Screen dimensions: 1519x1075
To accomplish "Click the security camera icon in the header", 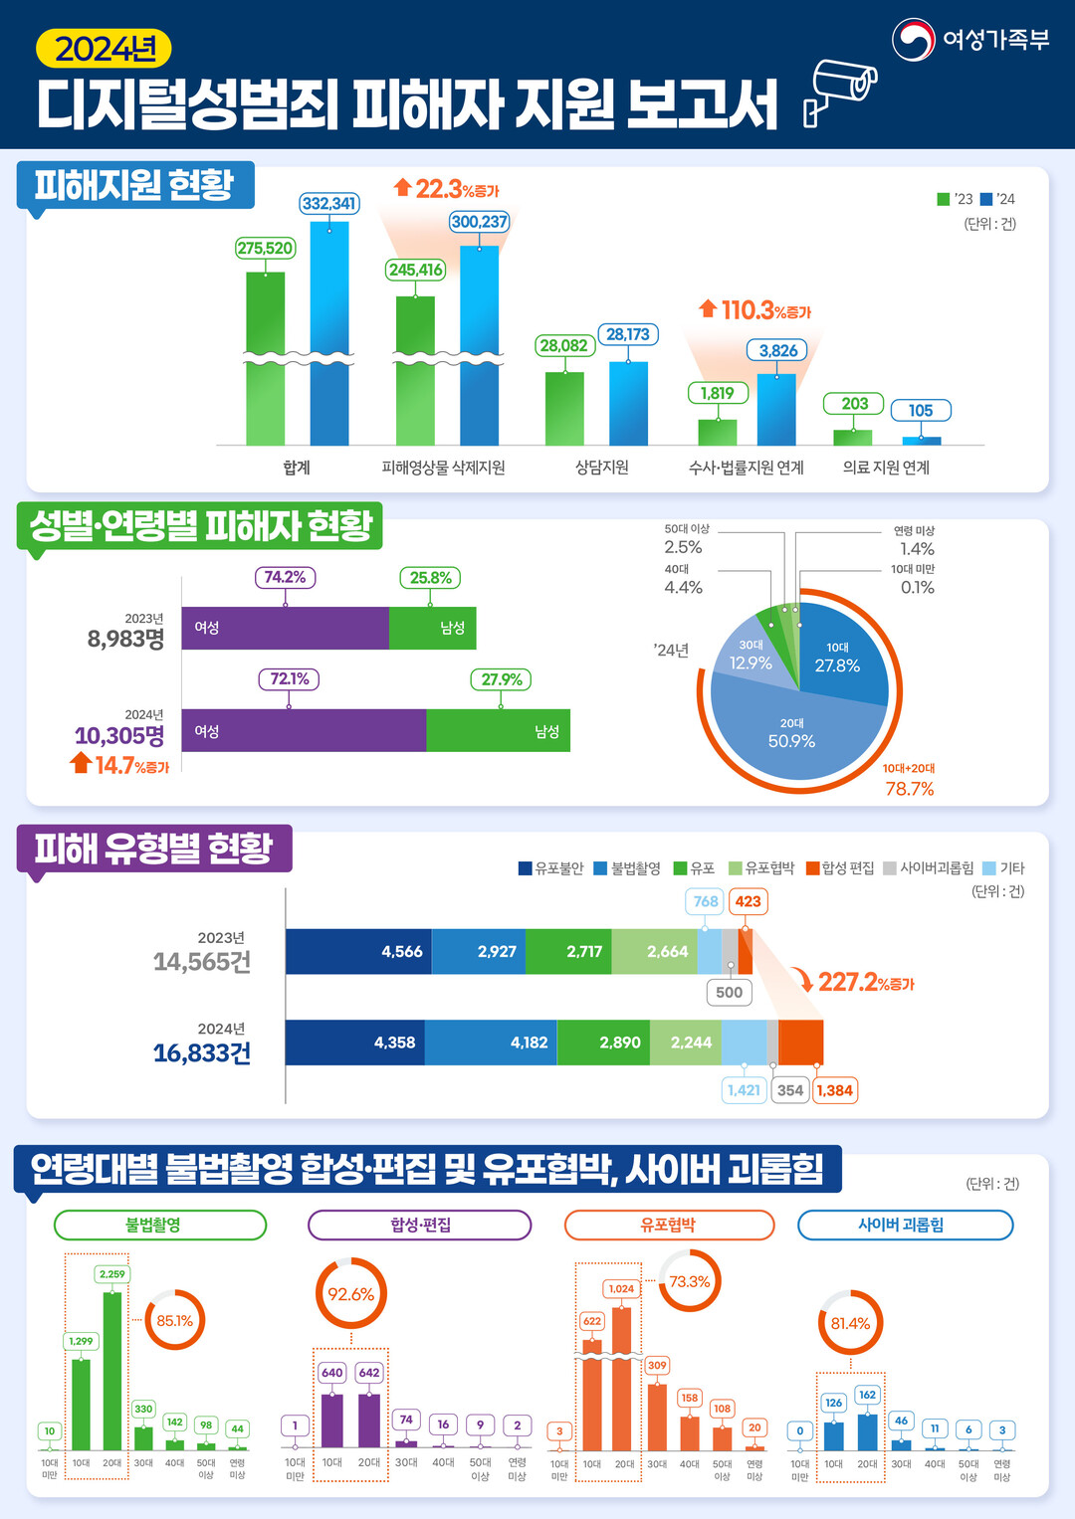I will (x=841, y=91).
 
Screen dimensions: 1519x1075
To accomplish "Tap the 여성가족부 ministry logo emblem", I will (x=913, y=40).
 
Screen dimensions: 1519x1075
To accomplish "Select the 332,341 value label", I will (x=329, y=204).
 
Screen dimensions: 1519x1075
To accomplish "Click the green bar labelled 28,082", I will (x=564, y=408).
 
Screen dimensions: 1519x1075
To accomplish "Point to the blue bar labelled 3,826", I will (x=776, y=409).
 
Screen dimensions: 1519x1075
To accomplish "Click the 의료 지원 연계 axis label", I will (x=886, y=468).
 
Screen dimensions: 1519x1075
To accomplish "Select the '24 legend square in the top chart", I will (x=986, y=199).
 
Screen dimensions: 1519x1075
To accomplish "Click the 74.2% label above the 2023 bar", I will (x=285, y=577).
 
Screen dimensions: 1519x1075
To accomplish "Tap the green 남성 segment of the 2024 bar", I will (x=498, y=731).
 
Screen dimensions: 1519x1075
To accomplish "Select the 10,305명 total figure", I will (x=119, y=736).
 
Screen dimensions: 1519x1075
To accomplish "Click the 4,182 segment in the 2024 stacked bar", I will (x=490, y=1043).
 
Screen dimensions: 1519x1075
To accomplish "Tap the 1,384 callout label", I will (x=834, y=1090).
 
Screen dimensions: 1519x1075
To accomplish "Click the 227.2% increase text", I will (x=865, y=983).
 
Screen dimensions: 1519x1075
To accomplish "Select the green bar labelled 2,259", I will (x=112, y=1370).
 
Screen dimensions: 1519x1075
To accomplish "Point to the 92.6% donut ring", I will (x=351, y=1293).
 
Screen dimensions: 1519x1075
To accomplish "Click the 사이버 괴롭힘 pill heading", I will (x=905, y=1226).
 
